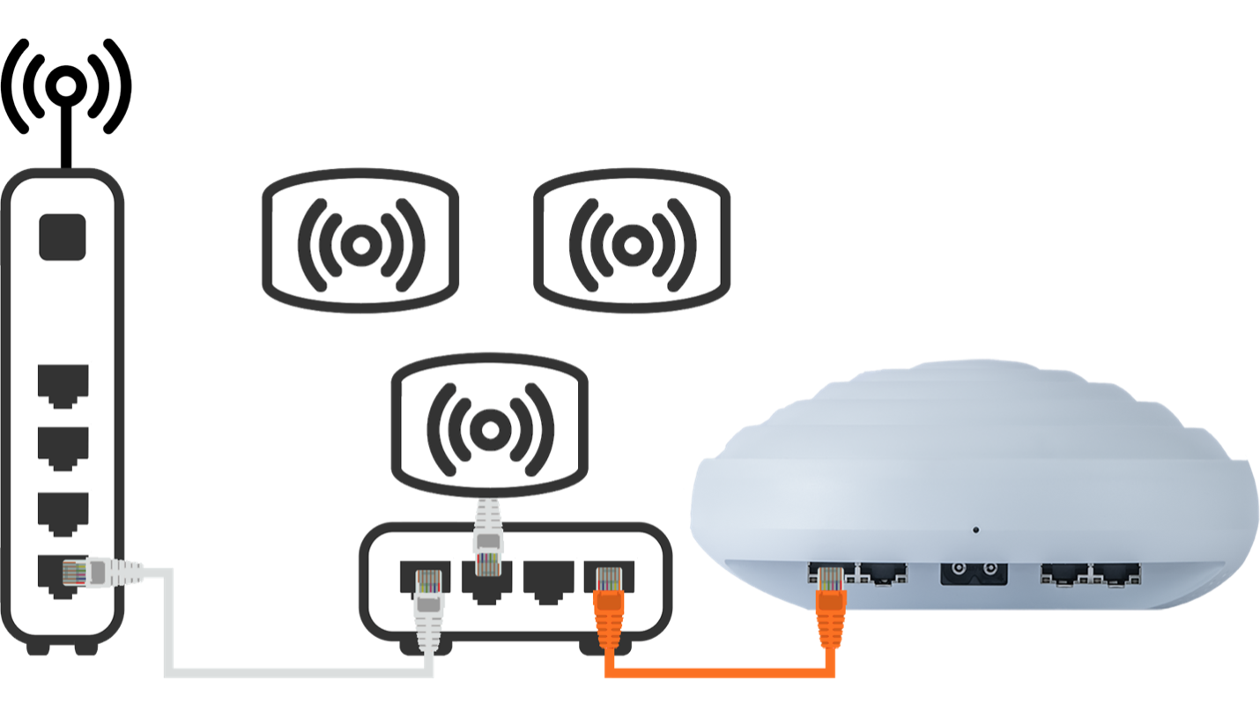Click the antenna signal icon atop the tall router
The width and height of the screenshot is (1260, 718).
coord(65,85)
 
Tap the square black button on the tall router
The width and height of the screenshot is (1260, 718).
coord(63,236)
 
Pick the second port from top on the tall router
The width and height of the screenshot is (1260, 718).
coord(63,448)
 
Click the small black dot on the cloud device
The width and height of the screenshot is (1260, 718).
coord(975,530)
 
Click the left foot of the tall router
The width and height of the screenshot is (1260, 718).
coord(38,648)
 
